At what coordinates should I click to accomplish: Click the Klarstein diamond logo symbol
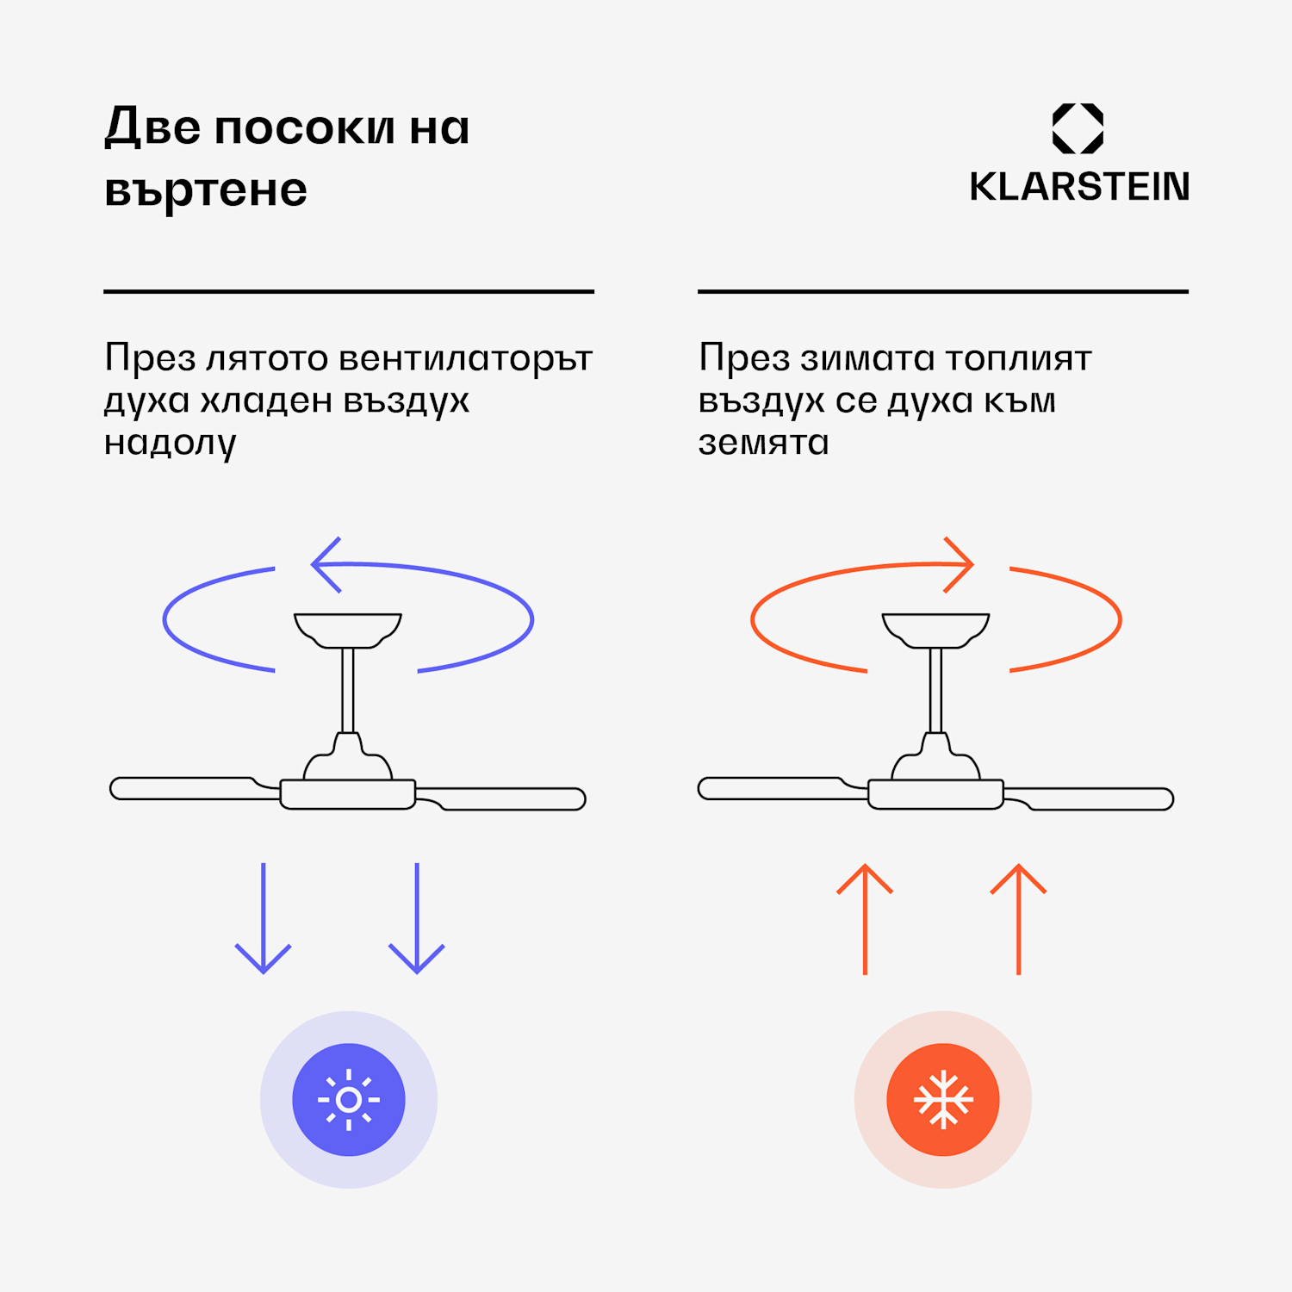tap(1078, 128)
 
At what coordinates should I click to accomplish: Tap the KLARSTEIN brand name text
tap(1079, 187)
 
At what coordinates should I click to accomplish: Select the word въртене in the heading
tap(206, 189)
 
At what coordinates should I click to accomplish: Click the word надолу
tap(170, 443)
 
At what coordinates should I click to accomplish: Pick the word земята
tap(763, 443)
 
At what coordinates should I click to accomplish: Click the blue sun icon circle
tap(349, 1100)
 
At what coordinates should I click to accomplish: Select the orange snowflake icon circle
tap(943, 1100)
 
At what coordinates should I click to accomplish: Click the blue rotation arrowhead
tap(325, 565)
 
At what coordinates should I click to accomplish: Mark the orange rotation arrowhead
tap(960, 565)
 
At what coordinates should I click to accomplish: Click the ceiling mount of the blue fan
tap(348, 630)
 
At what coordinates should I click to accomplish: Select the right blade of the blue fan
tap(508, 798)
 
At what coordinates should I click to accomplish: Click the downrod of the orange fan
tap(936, 690)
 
